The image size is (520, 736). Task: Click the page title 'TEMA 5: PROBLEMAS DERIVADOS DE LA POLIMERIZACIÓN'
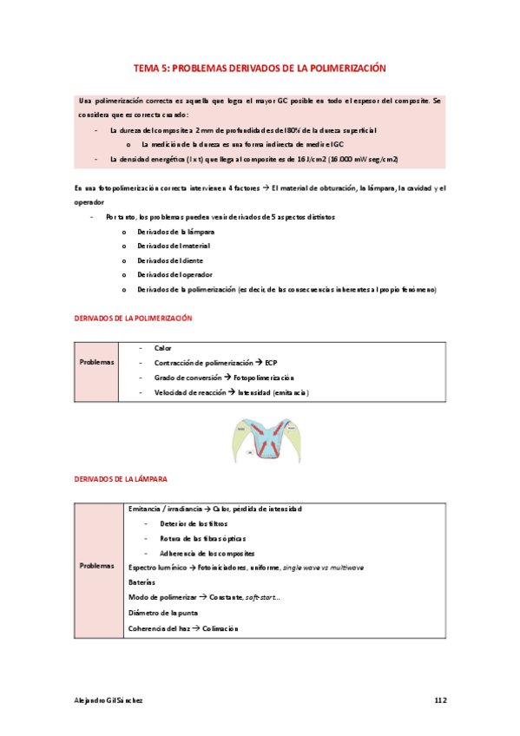point(260,68)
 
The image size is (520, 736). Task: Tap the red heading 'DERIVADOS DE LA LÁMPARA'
point(121,478)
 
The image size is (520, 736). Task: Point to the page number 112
point(440,699)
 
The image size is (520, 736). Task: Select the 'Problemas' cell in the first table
point(96,362)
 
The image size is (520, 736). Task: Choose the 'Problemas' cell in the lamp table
point(96,566)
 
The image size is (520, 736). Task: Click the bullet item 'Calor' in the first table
point(163,348)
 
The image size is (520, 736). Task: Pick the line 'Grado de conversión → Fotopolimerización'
point(224,378)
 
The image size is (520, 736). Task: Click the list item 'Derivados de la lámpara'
point(175,233)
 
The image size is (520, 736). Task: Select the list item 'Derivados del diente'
point(170,260)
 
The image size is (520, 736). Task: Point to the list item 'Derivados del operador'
point(174,274)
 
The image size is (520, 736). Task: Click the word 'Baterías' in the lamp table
point(142,582)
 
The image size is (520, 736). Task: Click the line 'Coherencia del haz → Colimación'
point(182,628)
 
